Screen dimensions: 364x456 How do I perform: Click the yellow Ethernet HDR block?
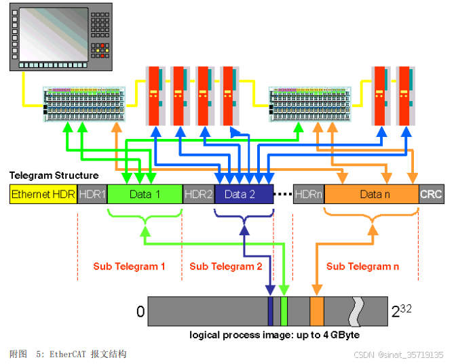(x=43, y=195)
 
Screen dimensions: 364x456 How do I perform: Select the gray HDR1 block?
(x=92, y=195)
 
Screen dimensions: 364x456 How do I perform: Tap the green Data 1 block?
(x=145, y=195)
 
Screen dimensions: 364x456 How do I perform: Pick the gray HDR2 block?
(x=199, y=195)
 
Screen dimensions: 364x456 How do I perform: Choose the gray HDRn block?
(x=308, y=195)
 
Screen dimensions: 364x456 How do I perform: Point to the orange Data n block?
(x=370, y=195)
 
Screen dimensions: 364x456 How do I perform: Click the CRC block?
(x=431, y=195)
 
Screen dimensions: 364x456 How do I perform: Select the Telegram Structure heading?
(x=54, y=176)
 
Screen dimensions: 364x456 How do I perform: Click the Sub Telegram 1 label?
(x=129, y=266)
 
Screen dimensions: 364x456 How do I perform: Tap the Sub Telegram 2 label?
(x=225, y=266)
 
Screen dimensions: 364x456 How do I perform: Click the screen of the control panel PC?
(x=50, y=33)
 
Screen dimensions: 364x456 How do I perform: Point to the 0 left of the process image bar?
(x=140, y=312)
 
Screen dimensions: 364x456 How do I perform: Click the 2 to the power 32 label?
(x=401, y=311)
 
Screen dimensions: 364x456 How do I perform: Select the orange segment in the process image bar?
(x=316, y=311)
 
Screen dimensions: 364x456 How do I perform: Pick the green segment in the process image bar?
(x=284, y=311)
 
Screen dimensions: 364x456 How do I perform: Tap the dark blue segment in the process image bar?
(x=270, y=311)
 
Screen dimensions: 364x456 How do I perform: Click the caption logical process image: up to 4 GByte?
(x=274, y=335)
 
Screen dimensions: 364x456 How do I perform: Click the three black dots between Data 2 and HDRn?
(x=283, y=195)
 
